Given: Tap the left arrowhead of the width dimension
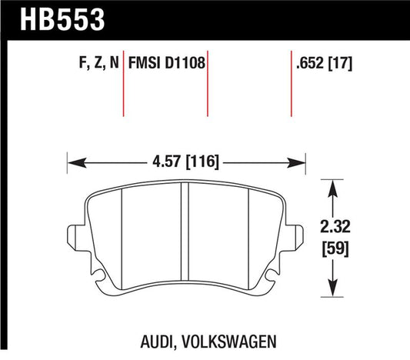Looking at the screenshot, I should click(74, 162).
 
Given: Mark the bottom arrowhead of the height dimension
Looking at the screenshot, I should click(331, 289).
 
